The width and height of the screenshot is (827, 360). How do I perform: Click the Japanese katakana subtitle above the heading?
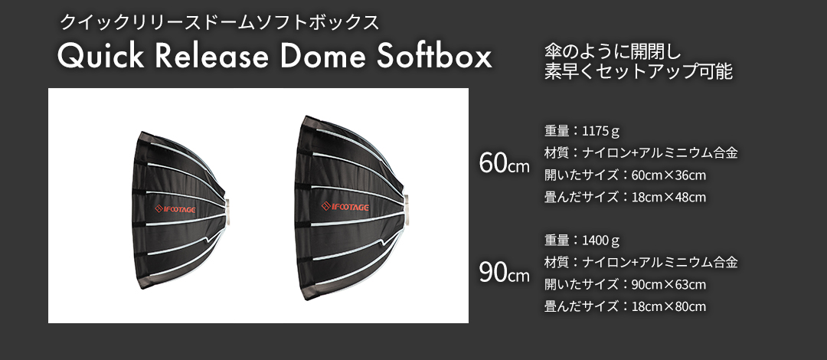(x=221, y=21)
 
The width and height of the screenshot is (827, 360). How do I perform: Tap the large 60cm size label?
(x=504, y=163)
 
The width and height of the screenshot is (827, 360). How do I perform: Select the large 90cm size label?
(x=504, y=273)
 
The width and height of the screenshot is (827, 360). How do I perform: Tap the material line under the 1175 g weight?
(x=640, y=152)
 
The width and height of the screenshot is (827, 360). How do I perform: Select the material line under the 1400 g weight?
(x=640, y=263)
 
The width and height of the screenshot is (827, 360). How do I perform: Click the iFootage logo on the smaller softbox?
(x=177, y=207)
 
